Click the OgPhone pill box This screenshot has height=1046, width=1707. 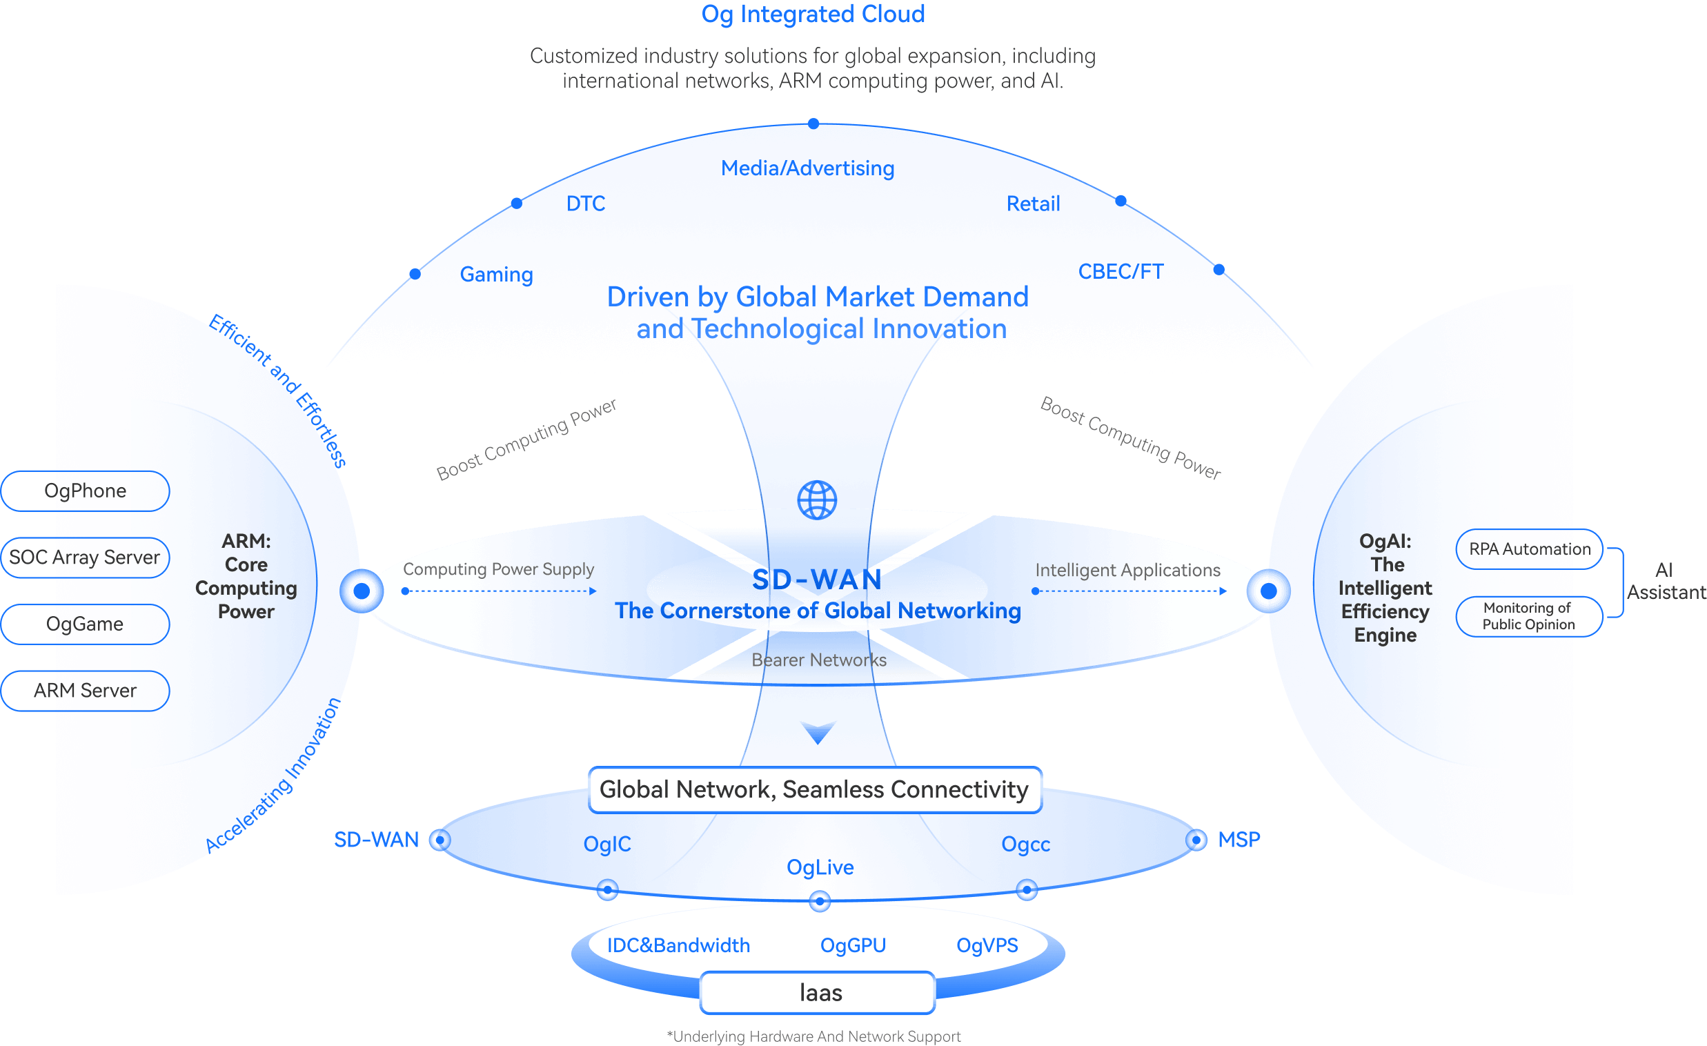(85, 491)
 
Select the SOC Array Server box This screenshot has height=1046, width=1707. (85, 557)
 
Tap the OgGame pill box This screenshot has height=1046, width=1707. (85, 624)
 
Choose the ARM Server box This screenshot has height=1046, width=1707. (85, 691)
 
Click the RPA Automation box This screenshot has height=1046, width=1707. (1529, 549)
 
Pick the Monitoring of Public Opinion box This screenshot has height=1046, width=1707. (1529, 616)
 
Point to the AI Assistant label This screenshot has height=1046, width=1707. (1665, 581)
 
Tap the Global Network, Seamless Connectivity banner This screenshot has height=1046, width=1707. (815, 789)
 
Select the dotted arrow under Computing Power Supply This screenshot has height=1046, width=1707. (499, 591)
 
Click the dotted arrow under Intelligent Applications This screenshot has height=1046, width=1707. (1130, 591)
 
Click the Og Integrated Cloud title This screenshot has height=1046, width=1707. (813, 14)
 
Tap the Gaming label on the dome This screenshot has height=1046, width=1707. (497, 275)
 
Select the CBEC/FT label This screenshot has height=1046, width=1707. (1121, 272)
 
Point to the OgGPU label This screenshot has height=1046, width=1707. (853, 945)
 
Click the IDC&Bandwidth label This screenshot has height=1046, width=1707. (678, 945)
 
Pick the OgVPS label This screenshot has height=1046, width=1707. (987, 945)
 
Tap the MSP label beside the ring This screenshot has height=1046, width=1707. (1239, 840)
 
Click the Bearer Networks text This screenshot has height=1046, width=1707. (819, 660)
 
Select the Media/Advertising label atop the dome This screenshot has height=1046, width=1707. (808, 168)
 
